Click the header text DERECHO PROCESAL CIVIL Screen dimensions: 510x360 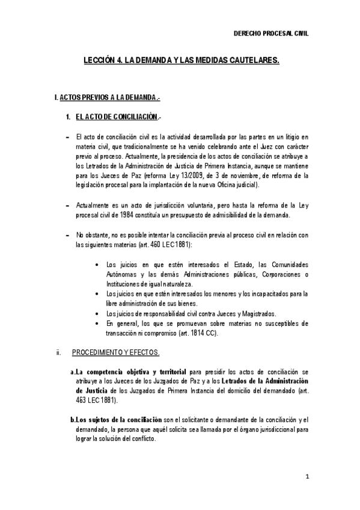click(x=270, y=35)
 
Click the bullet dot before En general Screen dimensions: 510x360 click(x=97, y=323)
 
